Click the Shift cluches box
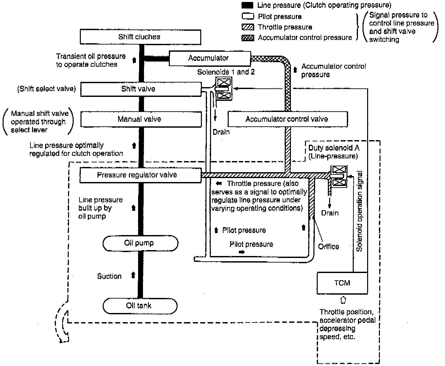(x=140, y=37)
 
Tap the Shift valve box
(x=141, y=89)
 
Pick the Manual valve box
(x=141, y=119)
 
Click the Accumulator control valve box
(x=287, y=119)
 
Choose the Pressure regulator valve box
(x=140, y=175)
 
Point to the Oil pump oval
(x=140, y=243)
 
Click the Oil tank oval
(x=140, y=306)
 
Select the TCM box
(x=342, y=283)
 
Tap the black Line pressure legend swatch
(x=247, y=5)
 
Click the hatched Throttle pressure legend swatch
(x=247, y=27)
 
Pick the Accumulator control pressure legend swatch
(x=247, y=38)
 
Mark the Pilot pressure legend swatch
(x=247, y=16)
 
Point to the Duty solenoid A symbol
(x=339, y=176)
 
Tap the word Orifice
(x=329, y=247)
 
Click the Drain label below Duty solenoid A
(x=330, y=213)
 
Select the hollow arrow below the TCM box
(x=343, y=300)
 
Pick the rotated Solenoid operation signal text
(x=359, y=211)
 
